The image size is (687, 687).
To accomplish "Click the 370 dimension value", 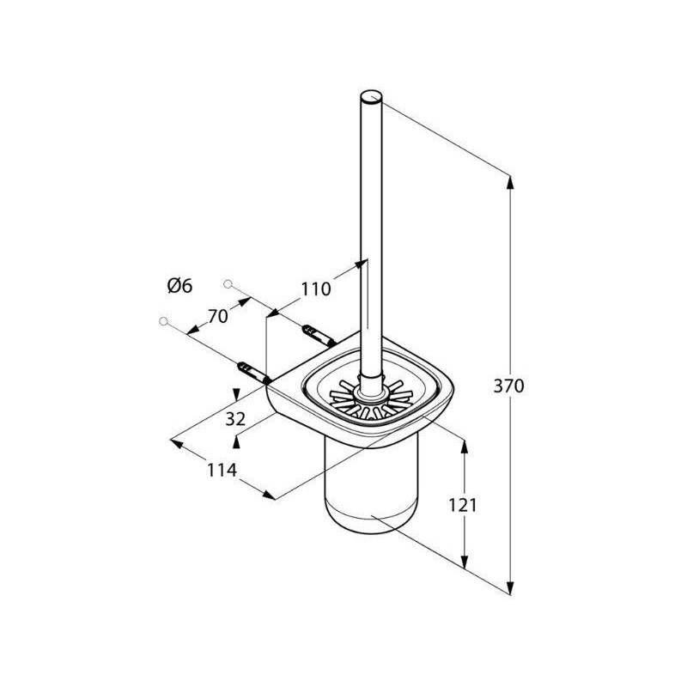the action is (x=508, y=386).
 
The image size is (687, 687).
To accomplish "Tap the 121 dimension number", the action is (x=462, y=506).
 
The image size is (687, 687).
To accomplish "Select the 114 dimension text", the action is (x=222, y=470).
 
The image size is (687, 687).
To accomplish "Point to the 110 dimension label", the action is (x=315, y=289).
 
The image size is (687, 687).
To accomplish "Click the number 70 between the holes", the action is (x=218, y=316).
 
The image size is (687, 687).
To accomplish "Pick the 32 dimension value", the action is (x=235, y=419).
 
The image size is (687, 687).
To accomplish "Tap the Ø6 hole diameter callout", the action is (x=180, y=286).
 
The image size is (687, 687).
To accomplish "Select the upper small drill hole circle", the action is (x=228, y=284).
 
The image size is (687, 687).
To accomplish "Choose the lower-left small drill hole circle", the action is (x=164, y=321).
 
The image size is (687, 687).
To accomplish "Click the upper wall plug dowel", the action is (x=319, y=335).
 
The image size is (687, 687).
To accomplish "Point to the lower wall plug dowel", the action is (x=252, y=373).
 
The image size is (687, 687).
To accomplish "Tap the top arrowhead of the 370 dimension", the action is (x=509, y=182).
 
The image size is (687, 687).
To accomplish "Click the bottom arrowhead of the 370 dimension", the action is (x=509, y=587).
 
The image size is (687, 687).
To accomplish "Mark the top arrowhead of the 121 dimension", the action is (x=465, y=447).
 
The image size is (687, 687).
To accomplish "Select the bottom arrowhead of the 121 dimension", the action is (x=465, y=562).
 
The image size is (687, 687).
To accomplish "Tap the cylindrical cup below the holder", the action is (x=371, y=486).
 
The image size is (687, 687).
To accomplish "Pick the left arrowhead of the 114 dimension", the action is (x=176, y=443).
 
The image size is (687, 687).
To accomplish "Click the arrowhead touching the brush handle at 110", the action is (x=361, y=264).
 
